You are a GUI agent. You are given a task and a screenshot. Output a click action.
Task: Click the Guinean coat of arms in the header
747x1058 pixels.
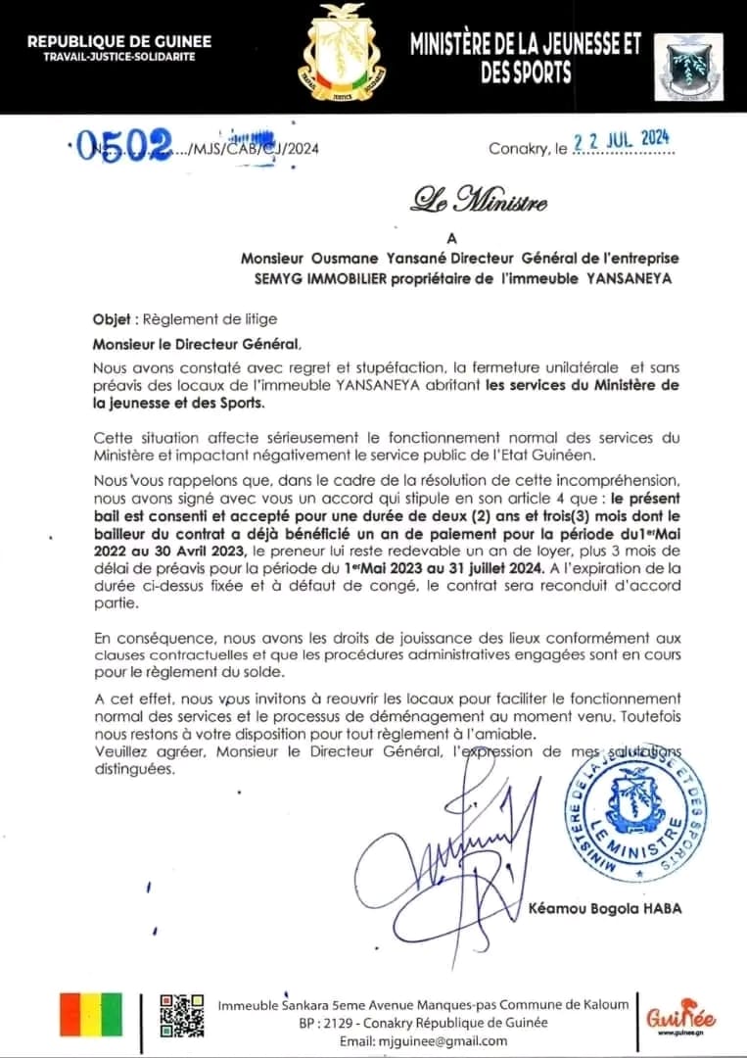point(342,55)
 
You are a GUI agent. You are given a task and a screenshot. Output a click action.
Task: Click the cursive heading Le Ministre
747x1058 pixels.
point(480,203)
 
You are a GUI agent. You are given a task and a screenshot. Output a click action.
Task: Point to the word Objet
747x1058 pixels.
point(116,320)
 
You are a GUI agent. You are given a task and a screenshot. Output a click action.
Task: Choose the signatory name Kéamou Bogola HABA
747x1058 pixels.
point(604,909)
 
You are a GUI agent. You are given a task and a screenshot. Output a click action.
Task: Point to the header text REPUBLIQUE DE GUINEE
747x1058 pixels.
point(118,41)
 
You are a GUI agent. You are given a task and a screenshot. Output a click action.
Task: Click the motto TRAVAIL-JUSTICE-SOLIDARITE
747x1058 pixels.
point(118,57)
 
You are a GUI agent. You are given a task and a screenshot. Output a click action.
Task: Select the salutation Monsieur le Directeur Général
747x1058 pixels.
point(196,344)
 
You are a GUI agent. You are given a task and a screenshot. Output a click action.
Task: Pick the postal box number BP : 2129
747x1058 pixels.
point(334,1023)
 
